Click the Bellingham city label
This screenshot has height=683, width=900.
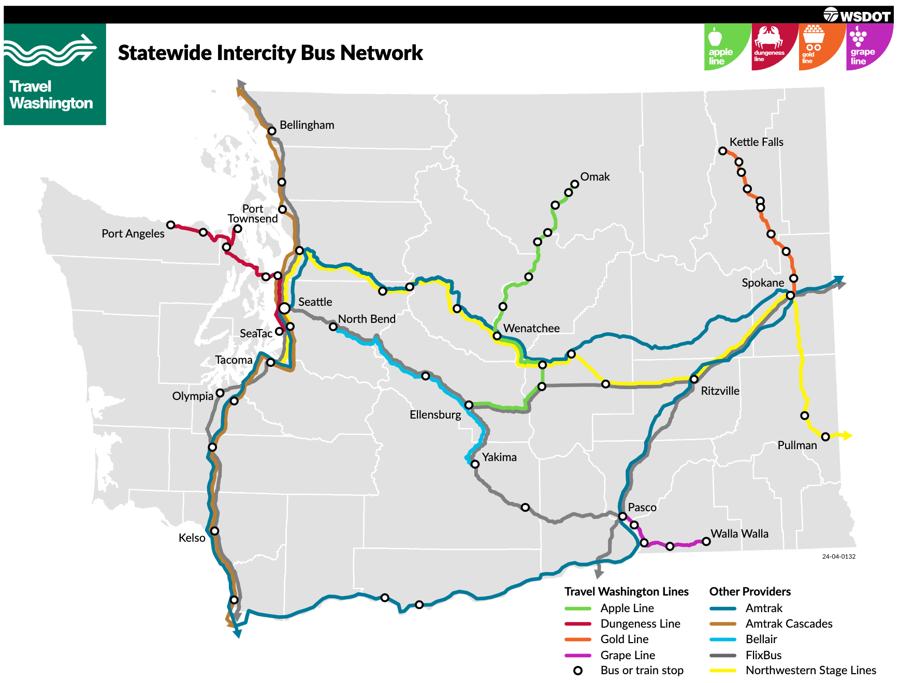307,125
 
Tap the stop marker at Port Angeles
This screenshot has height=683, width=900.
170,225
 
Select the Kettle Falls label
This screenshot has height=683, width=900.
756,142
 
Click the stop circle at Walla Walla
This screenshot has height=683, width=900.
706,542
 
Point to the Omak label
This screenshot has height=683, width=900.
595,177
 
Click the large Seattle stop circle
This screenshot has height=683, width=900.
284,308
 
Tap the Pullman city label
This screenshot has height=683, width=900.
797,446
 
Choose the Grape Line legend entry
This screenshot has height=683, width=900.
628,656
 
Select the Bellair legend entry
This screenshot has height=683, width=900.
761,640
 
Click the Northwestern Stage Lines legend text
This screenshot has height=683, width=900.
811,671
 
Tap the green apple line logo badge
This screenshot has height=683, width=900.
725,47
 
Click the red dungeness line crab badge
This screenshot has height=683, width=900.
773,47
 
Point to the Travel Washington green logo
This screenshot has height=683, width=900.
55,74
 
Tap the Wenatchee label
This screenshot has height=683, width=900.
531,329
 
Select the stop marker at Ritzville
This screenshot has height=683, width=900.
694,379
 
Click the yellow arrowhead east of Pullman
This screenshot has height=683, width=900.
847,436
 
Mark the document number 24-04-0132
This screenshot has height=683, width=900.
838,557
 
